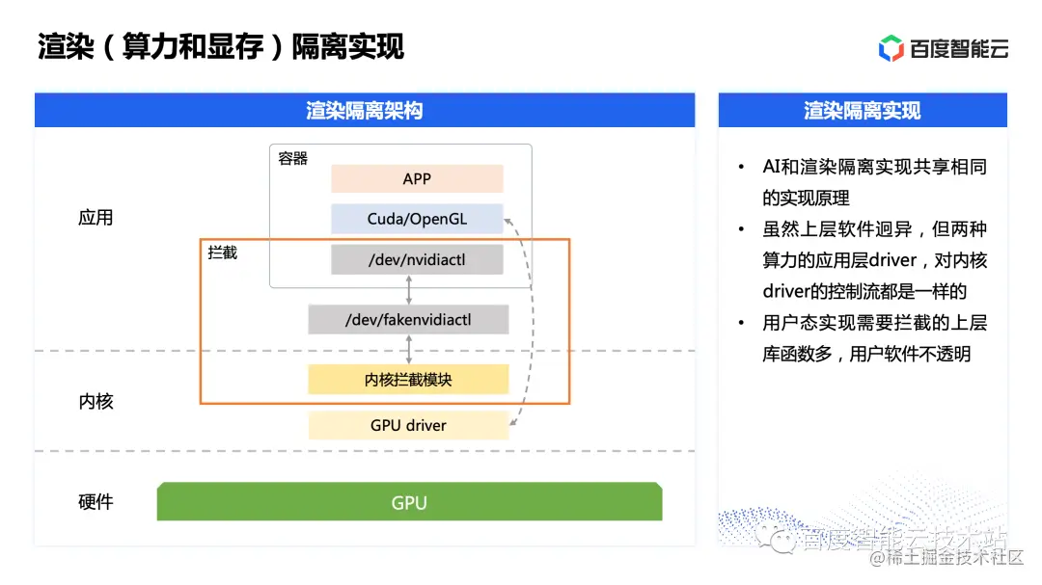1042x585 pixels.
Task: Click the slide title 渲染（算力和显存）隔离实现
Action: click(x=220, y=46)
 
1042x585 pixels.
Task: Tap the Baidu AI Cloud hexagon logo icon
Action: click(x=891, y=47)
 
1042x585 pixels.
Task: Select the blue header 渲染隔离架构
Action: click(x=365, y=111)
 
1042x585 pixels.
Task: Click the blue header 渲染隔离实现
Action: click(x=863, y=111)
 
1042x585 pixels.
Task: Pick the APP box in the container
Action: click(x=417, y=179)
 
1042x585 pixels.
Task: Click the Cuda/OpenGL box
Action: click(x=417, y=219)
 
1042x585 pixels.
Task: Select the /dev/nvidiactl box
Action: click(x=417, y=259)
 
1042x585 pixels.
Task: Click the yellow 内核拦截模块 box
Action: click(x=408, y=380)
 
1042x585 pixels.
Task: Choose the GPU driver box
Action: click(x=408, y=425)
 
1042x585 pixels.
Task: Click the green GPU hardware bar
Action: click(x=409, y=502)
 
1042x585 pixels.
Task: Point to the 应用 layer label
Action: click(x=96, y=218)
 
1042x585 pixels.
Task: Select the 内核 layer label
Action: click(x=96, y=401)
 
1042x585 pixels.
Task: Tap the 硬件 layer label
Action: click(x=96, y=502)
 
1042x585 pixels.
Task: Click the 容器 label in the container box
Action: click(x=292, y=159)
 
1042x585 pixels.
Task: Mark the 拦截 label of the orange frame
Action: click(x=223, y=253)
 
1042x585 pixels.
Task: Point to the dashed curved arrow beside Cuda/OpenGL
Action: click(x=531, y=318)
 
